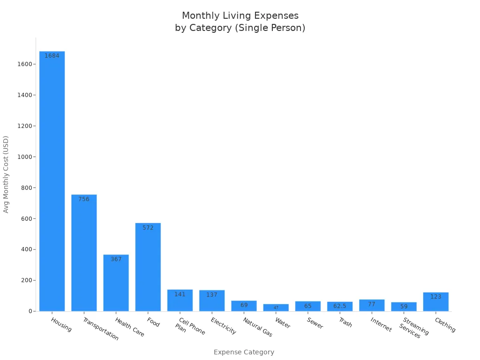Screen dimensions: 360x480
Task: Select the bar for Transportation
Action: point(84,253)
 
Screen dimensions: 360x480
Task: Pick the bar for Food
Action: point(148,267)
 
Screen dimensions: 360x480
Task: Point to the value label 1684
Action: point(52,56)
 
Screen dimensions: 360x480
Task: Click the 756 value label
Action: point(84,199)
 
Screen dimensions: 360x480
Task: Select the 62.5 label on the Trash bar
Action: point(340,306)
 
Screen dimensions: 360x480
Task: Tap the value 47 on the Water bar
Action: point(276,308)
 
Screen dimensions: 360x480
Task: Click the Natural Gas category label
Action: point(257,327)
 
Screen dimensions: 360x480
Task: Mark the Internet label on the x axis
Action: point(381,324)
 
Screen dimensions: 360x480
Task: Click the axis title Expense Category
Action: point(244,352)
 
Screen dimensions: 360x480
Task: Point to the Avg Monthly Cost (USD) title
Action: point(6,174)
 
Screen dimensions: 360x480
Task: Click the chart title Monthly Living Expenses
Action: point(240,16)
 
